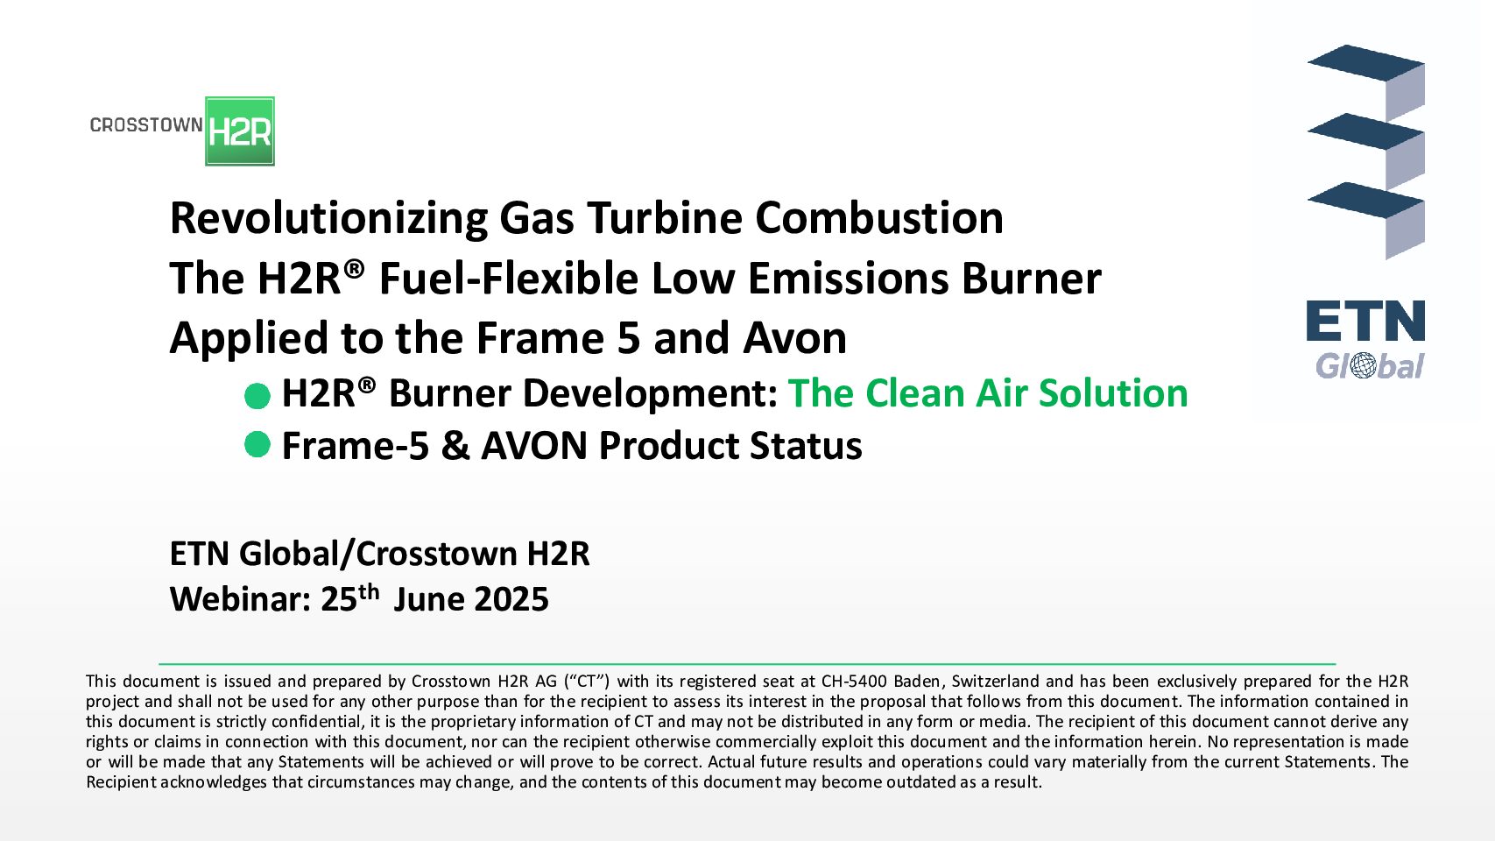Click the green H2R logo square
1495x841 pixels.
click(240, 131)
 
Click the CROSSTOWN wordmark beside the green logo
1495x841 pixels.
click(146, 124)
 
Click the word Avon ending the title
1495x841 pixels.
click(794, 338)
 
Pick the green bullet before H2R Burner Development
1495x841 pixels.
click(257, 396)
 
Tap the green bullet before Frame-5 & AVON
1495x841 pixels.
click(257, 444)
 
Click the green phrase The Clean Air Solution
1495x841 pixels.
click(988, 392)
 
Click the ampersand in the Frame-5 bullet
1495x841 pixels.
click(455, 446)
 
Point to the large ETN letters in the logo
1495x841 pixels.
click(1365, 321)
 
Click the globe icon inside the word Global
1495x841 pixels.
click(1363, 366)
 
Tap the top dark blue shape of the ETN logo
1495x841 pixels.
click(1365, 63)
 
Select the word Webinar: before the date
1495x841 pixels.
click(241, 598)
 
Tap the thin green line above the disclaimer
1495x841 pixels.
click(747, 664)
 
